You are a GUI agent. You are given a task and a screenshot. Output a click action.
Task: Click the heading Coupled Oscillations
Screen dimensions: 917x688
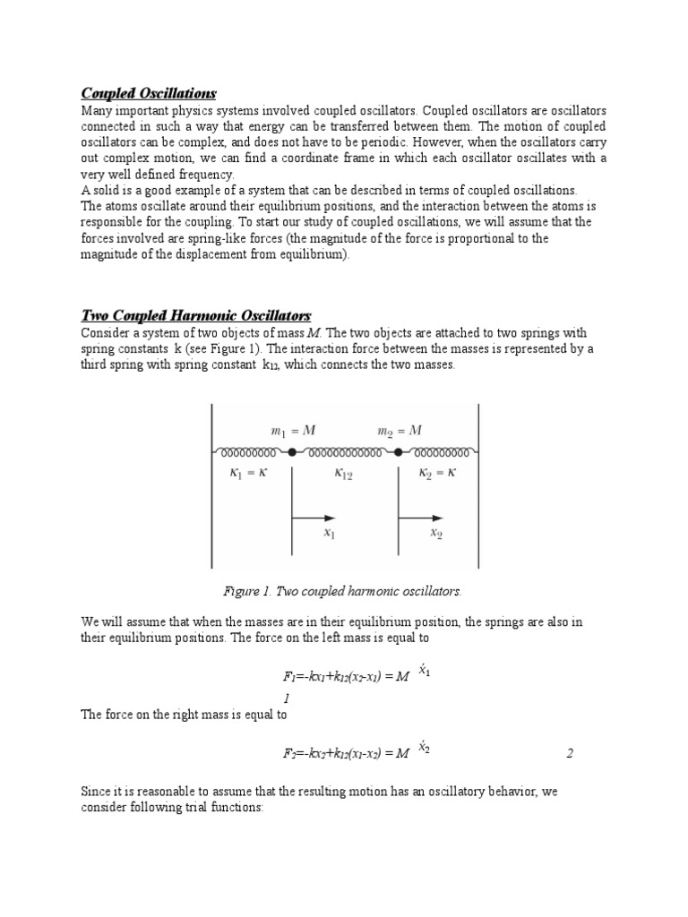click(x=149, y=93)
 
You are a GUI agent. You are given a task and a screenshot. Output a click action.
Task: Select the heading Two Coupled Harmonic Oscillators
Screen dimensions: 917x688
click(x=195, y=315)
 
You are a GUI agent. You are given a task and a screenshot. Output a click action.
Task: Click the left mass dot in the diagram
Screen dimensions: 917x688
click(x=292, y=450)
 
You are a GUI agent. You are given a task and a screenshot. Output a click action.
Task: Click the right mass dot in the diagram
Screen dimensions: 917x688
click(x=398, y=450)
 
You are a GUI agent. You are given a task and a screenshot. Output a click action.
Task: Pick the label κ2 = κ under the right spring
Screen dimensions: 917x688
click(x=438, y=473)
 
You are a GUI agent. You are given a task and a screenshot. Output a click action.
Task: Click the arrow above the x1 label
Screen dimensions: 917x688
click(x=314, y=518)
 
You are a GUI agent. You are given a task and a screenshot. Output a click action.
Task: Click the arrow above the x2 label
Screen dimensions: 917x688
click(x=421, y=518)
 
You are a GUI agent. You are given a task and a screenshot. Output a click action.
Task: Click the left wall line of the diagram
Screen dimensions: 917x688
click(x=211, y=484)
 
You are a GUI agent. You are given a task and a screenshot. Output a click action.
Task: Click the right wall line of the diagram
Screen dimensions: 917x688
click(x=478, y=484)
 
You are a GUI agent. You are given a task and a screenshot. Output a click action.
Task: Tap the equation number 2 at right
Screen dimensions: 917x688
click(x=569, y=753)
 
